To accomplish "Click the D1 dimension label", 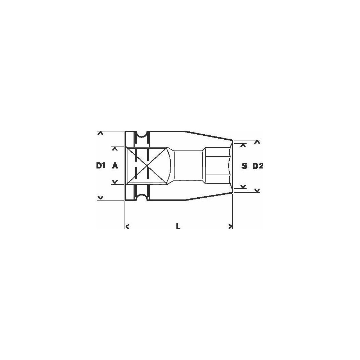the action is [101, 166].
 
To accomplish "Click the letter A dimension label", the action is [115, 166].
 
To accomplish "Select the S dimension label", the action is [244, 166].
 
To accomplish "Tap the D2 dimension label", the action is [258, 166].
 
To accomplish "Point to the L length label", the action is [178, 226].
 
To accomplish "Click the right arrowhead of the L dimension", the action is [230, 226].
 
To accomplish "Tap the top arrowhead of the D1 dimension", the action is [100, 133].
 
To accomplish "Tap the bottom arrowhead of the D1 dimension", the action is [100, 197].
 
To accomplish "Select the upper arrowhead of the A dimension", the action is [115, 149].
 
